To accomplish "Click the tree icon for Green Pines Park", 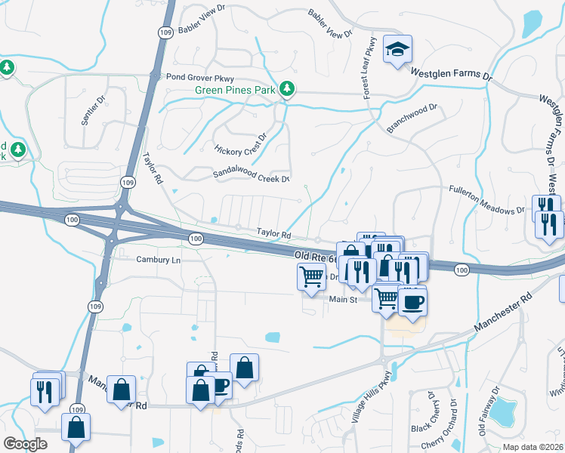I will click(287, 89).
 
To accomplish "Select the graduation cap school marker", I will click(397, 50).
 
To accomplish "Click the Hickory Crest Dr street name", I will click(241, 143).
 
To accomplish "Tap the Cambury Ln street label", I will click(159, 260).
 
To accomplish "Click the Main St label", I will click(342, 300).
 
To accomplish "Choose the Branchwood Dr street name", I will click(412, 119).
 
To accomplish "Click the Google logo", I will click(26, 443).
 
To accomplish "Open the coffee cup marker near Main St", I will click(412, 303).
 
